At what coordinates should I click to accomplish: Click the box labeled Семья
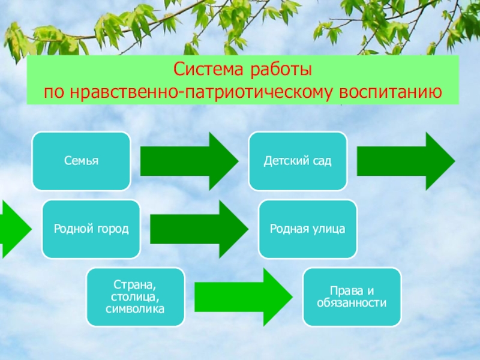(x=81, y=161)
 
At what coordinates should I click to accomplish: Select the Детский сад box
(x=298, y=161)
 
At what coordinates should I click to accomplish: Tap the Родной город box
(x=91, y=229)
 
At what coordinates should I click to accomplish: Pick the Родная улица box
(x=307, y=229)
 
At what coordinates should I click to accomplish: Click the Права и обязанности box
(x=352, y=296)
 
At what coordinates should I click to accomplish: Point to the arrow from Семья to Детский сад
(x=188, y=161)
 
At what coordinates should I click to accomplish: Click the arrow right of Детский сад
(x=406, y=161)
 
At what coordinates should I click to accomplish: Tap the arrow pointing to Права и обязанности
(x=243, y=296)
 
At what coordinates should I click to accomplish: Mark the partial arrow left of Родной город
(x=13, y=229)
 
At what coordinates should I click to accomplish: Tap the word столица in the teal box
(x=134, y=296)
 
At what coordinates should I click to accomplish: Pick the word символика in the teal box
(x=136, y=308)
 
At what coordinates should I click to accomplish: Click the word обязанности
(x=352, y=302)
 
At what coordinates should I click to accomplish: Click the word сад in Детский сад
(x=321, y=161)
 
